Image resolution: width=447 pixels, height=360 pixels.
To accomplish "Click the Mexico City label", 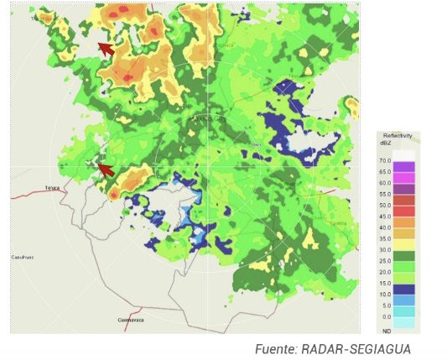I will (209, 120).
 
